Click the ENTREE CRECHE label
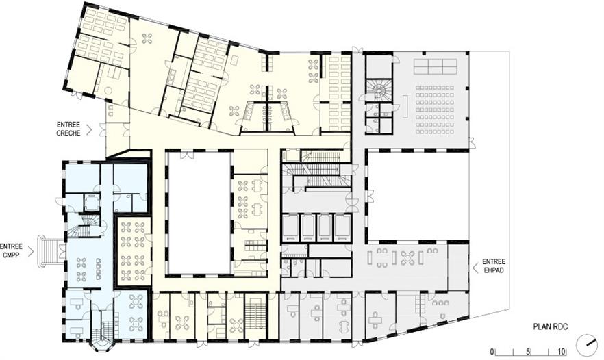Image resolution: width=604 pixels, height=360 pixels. pos(68,129)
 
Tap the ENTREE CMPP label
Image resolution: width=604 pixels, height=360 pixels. pos(11,250)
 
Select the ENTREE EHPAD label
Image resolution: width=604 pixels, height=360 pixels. pos(494,266)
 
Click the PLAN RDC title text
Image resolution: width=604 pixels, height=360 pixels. pos(550,327)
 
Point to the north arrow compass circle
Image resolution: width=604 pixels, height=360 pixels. pos(586,344)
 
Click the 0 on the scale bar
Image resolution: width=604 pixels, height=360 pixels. pos(492,352)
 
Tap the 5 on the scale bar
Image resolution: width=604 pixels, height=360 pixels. pos(529,352)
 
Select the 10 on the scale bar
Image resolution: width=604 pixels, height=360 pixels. pos(562,352)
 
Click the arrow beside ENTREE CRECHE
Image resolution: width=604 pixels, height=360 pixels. pos(89,129)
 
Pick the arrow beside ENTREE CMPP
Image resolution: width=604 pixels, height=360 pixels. pos(31,251)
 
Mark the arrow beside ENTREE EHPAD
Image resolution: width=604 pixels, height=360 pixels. pos(475,266)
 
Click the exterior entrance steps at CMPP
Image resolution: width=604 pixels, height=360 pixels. pos(49,252)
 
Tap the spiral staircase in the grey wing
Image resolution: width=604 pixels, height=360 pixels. pos(378,90)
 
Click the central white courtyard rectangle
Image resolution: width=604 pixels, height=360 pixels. pos(199,213)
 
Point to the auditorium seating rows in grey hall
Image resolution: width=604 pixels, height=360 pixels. pos(434,110)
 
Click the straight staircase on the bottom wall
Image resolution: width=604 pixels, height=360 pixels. pos(255,312)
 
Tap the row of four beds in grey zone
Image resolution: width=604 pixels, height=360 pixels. pos(316,227)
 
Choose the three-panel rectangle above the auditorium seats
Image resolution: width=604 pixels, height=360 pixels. pos(436,66)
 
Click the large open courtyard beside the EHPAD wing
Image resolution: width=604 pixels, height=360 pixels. pos(418,195)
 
